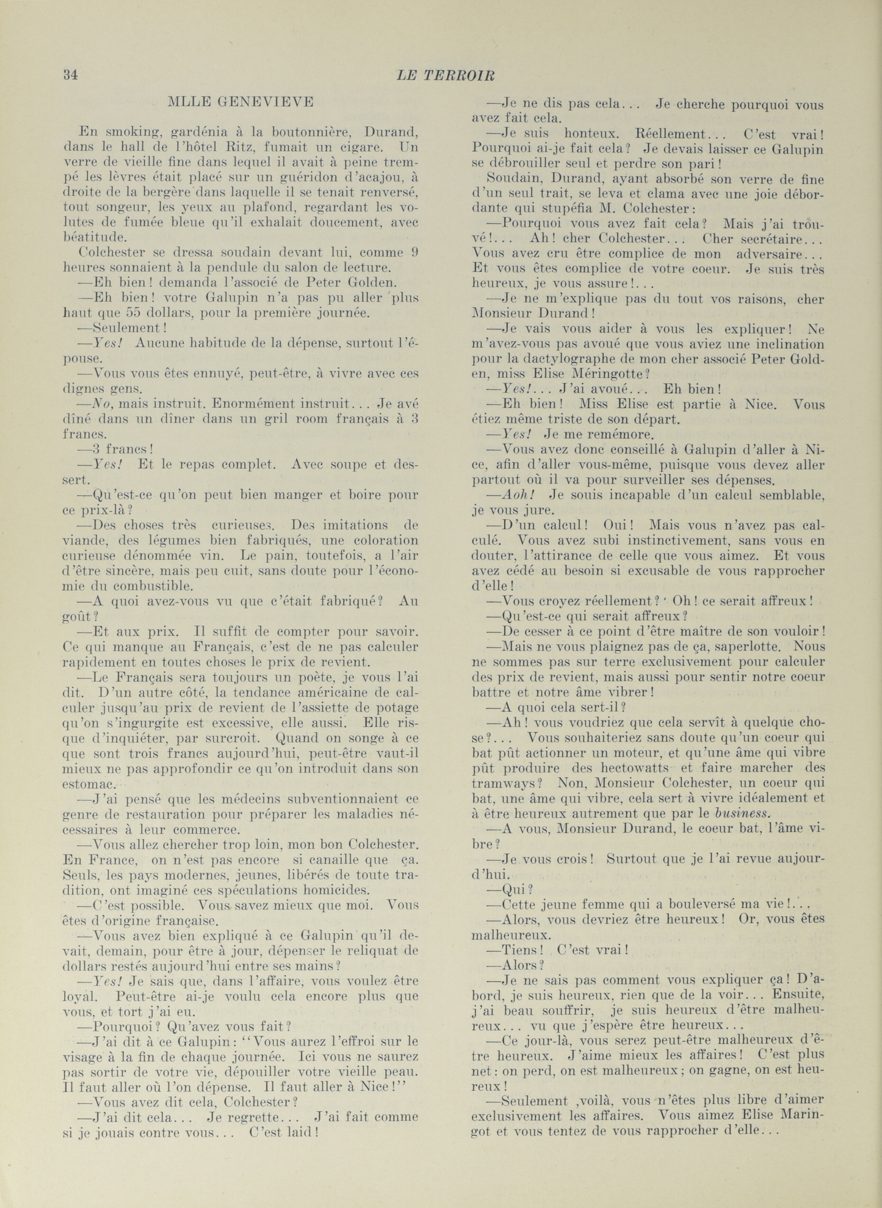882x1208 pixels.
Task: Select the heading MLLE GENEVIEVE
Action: [x=240, y=103]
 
